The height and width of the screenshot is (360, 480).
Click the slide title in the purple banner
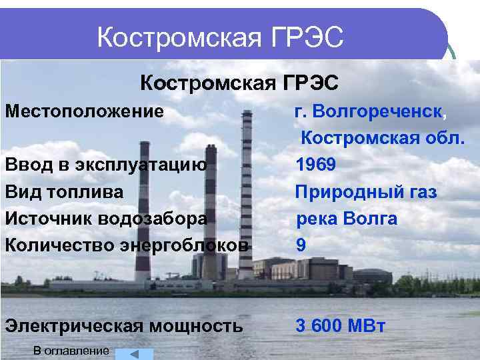point(220,37)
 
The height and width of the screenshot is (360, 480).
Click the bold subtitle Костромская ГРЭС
point(239,83)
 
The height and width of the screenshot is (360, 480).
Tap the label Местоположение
point(84,111)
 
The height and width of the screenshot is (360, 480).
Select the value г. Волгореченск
point(368,111)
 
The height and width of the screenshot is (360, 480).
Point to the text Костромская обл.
point(382,138)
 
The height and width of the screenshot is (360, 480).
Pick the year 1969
point(316,165)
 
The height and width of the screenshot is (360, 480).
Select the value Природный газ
point(367,192)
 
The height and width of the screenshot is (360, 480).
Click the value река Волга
point(347,219)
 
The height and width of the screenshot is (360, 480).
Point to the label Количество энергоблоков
point(127,245)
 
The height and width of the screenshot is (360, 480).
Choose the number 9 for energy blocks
point(301,245)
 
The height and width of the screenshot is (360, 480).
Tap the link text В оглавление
point(70,351)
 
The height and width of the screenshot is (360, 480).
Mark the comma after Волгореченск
point(445,115)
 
